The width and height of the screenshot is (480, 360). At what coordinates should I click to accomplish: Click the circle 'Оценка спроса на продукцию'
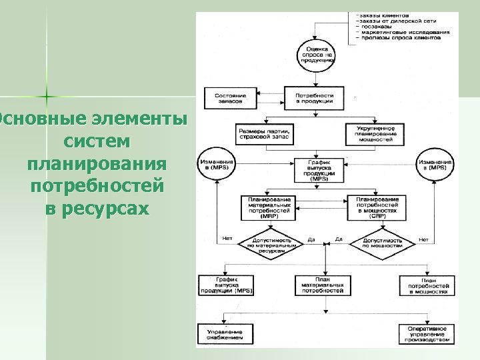(x=317, y=54)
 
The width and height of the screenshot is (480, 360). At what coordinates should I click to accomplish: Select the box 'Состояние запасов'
(x=230, y=98)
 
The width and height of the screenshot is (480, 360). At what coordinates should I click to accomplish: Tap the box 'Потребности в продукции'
(x=314, y=98)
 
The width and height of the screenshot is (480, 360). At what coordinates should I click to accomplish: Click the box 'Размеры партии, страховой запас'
(x=264, y=131)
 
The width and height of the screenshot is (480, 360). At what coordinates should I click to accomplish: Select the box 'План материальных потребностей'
(x=323, y=285)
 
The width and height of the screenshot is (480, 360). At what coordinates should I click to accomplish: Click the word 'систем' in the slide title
(x=98, y=142)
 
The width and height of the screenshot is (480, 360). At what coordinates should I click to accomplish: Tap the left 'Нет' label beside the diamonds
(x=227, y=239)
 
